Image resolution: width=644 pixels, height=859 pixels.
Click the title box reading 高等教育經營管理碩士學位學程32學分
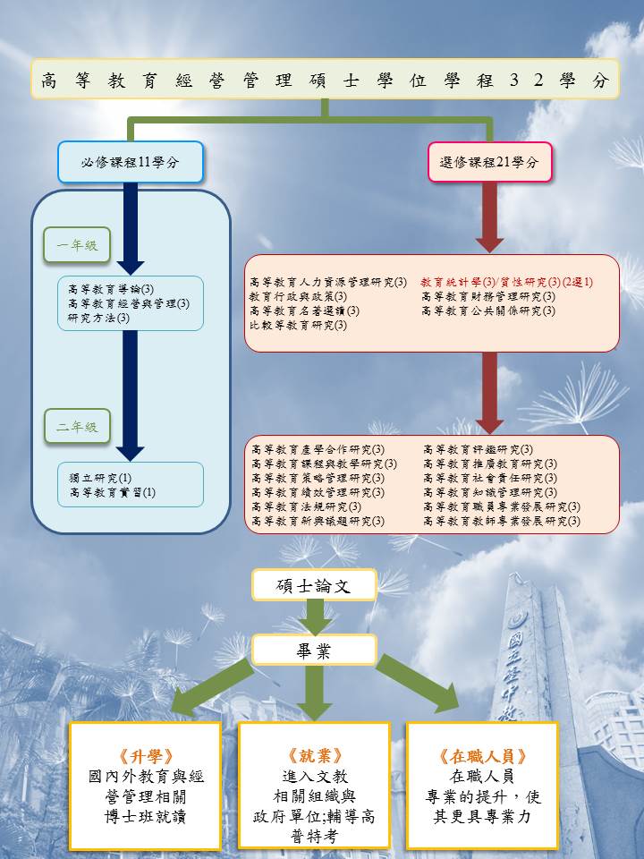pyautogui.click(x=325, y=81)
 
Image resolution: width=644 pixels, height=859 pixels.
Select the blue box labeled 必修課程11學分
pyautogui.click(x=131, y=163)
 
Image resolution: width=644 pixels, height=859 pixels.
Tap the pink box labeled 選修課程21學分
pyautogui.click(x=489, y=163)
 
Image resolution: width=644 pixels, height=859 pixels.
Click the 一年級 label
pyautogui.click(x=77, y=245)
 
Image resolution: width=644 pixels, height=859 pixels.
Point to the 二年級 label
pyautogui.click(x=77, y=427)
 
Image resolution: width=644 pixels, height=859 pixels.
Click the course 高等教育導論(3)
pyautogui.click(x=111, y=289)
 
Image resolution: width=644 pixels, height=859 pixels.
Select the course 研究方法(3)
pyautogui.click(x=99, y=318)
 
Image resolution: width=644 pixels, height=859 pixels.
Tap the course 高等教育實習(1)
pyautogui.click(x=112, y=492)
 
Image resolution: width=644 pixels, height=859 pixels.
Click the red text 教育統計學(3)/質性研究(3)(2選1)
pyautogui.click(x=506, y=282)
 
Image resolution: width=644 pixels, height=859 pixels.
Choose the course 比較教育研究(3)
pyautogui.click(x=298, y=325)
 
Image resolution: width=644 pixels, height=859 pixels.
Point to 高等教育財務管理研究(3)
pyautogui.click(x=487, y=296)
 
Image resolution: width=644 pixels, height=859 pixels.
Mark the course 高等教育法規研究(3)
pyautogui.click(x=306, y=506)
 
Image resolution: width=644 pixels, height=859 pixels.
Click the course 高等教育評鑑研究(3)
pyautogui.click(x=478, y=449)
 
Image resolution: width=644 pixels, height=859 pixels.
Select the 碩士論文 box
pyautogui.click(x=313, y=585)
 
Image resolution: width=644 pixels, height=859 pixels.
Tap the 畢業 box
pyautogui.click(x=313, y=651)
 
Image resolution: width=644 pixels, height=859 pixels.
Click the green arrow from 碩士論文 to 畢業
pyautogui.click(x=314, y=617)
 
